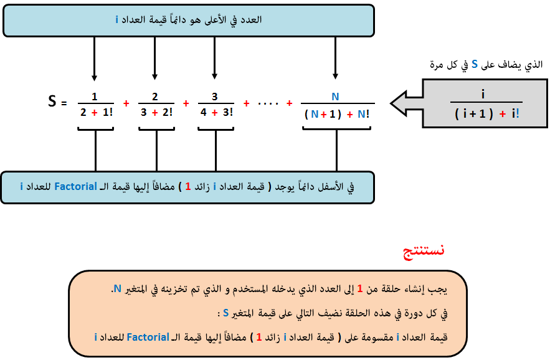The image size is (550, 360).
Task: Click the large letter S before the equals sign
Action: click(x=52, y=101)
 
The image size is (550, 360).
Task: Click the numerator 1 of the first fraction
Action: click(x=94, y=97)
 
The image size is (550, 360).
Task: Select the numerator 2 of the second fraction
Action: click(x=154, y=97)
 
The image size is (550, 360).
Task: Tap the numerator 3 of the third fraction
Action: click(x=215, y=97)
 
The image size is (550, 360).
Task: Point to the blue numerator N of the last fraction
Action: click(x=335, y=97)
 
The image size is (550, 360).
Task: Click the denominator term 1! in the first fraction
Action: click(x=108, y=112)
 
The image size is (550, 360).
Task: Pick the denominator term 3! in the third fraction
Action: click(x=228, y=112)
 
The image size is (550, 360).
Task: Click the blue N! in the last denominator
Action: click(x=363, y=114)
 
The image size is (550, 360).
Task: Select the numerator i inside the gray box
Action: click(x=483, y=94)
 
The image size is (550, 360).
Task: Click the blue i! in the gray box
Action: click(x=515, y=114)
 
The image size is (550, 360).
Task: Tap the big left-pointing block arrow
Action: click(x=407, y=103)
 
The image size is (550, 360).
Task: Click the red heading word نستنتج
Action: click(x=424, y=251)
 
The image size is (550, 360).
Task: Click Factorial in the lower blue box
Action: click(x=76, y=186)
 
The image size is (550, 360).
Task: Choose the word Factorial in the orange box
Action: click(x=148, y=337)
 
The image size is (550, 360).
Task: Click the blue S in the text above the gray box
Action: click(x=475, y=64)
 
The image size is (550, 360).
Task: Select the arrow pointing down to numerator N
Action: click(x=335, y=59)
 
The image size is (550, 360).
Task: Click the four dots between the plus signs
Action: click(x=268, y=104)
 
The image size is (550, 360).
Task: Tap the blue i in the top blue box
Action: click(x=117, y=20)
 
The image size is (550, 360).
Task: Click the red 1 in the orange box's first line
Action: click(x=360, y=289)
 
